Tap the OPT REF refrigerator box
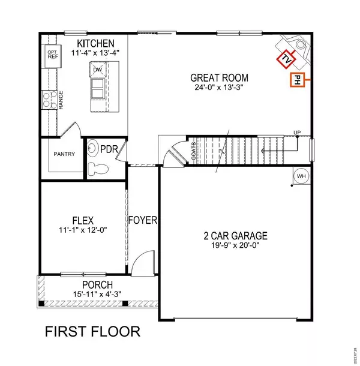coord(52,55)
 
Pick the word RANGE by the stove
coord(61,99)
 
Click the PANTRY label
coord(64,154)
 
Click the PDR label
coord(109,148)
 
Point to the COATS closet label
coord(193,151)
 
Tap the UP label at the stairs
coord(296,133)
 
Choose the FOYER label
coord(143,220)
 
